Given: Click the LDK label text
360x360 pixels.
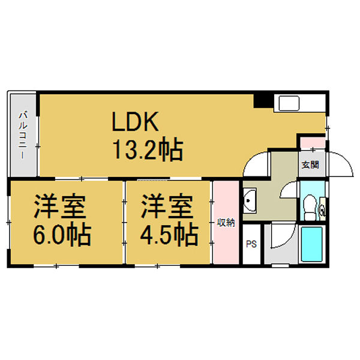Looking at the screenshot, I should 134,123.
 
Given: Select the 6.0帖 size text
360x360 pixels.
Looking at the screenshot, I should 61,235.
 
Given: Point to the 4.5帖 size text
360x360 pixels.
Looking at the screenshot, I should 169,235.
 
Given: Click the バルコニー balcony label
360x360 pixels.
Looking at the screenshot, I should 22,135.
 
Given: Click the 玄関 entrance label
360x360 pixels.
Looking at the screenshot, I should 310,164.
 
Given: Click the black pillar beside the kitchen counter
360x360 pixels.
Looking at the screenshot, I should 262,101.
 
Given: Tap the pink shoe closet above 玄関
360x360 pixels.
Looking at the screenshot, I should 312,144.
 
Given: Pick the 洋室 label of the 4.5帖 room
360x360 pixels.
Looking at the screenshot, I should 168,206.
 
